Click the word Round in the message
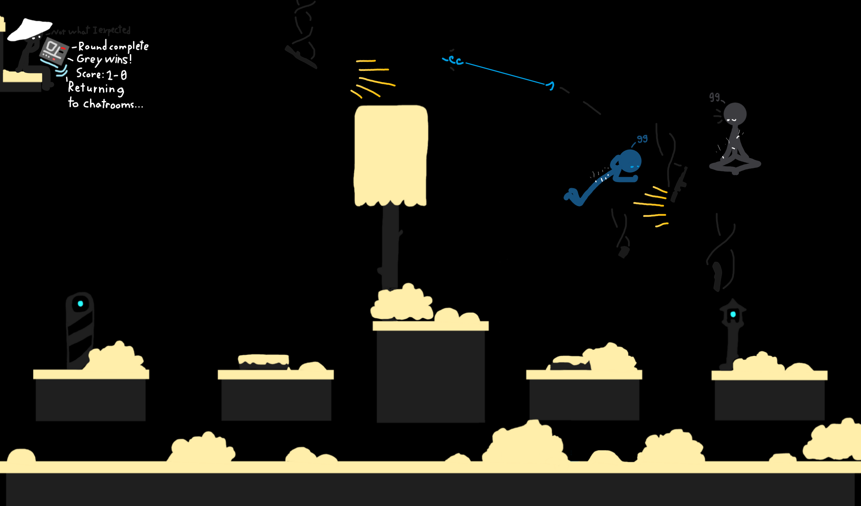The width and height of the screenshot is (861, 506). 92,46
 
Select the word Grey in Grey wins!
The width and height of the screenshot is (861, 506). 90,59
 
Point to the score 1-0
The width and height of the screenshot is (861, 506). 117,75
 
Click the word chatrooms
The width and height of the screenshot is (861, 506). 113,104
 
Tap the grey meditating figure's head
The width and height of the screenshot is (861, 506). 735,114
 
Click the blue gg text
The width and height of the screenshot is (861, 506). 642,139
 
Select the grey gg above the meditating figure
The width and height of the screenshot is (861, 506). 714,97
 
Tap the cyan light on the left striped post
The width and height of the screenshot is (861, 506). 80,303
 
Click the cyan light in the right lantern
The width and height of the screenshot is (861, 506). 733,314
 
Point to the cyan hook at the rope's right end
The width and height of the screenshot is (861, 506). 551,85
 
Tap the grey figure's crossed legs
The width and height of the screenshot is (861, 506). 735,165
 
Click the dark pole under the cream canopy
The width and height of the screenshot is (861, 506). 390,247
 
